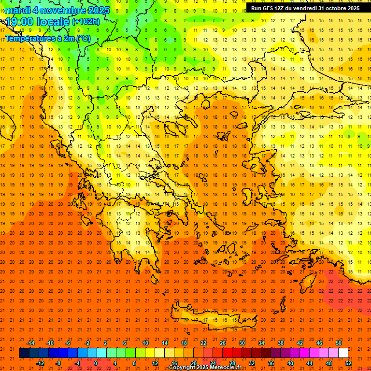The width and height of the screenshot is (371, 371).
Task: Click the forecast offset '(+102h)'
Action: click(x=86, y=22)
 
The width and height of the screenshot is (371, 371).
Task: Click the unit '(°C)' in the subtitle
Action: click(x=83, y=38)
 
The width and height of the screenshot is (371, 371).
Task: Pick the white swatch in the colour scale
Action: click(x=343, y=353)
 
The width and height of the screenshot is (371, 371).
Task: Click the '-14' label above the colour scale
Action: click(x=30, y=343)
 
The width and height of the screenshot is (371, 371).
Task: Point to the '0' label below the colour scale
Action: click(x=96, y=363)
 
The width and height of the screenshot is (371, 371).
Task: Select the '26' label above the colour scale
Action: click(x=223, y=343)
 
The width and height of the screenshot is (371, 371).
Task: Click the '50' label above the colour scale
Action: click(x=338, y=343)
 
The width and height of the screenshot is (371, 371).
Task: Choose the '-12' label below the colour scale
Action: click(x=40, y=363)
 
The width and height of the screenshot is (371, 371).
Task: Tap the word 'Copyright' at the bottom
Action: click(x=183, y=368)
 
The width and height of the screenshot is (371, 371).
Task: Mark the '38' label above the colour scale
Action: click(x=281, y=343)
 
